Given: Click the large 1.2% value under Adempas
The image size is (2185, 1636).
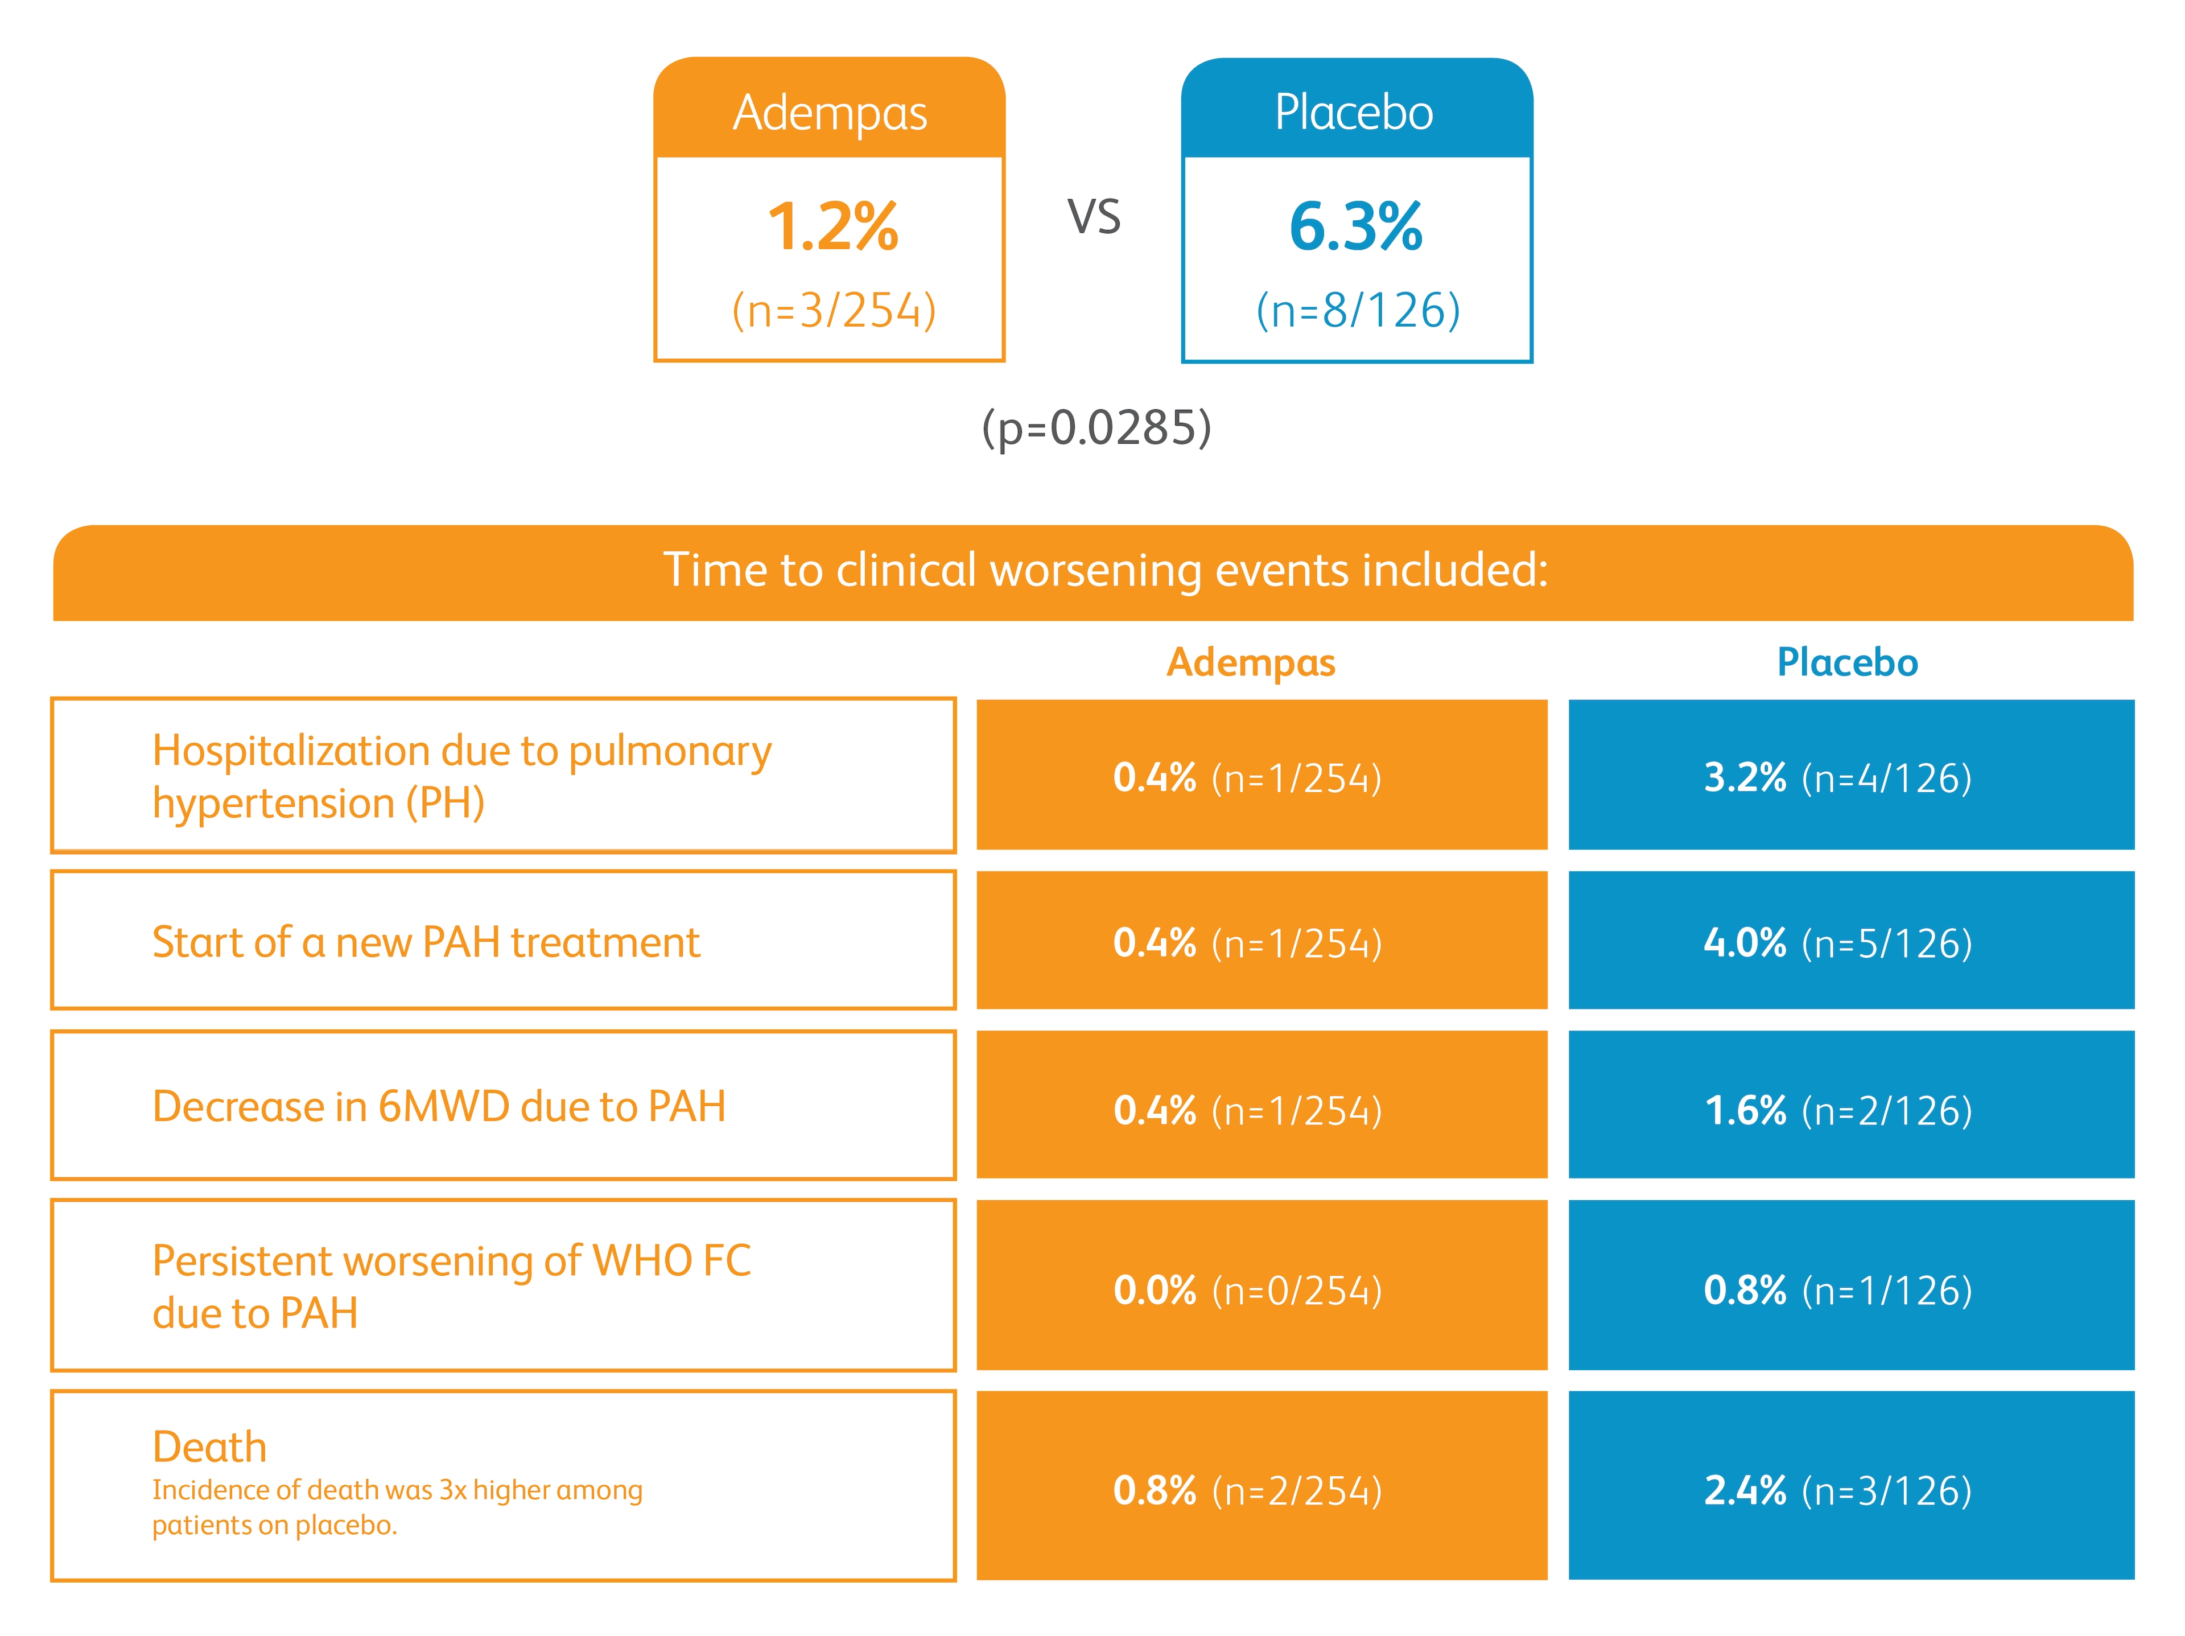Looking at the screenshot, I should pos(832,227).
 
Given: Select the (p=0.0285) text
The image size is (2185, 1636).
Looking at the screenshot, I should pos(1095,428).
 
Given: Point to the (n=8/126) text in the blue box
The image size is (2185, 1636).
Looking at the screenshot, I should pos(1357,310).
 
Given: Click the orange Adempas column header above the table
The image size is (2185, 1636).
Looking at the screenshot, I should pos(1251,662).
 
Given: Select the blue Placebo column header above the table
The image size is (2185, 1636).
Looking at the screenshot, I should pos(1846,662).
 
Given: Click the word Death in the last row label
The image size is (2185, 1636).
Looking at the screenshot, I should pos(209,1447).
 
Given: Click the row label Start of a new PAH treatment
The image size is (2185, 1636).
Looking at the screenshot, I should pos(426,942).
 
